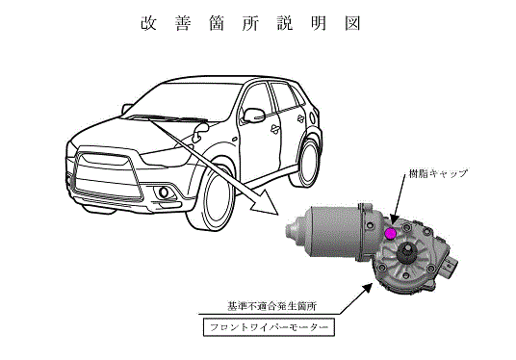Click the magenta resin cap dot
click(x=390, y=233)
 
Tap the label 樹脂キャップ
click(x=438, y=174)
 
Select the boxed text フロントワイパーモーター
click(x=269, y=327)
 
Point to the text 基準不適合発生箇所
click(x=271, y=306)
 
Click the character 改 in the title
click(x=149, y=23)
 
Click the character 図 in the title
click(x=352, y=23)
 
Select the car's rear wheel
click(x=309, y=164)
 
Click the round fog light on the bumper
click(x=164, y=193)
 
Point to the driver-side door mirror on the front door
click(x=253, y=116)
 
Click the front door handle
click(x=274, y=129)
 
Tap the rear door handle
click(x=300, y=118)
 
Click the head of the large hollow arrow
click(x=266, y=203)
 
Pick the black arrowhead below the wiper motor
click(x=368, y=289)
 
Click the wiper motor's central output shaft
click(x=405, y=253)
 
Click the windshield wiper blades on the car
click(x=167, y=118)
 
